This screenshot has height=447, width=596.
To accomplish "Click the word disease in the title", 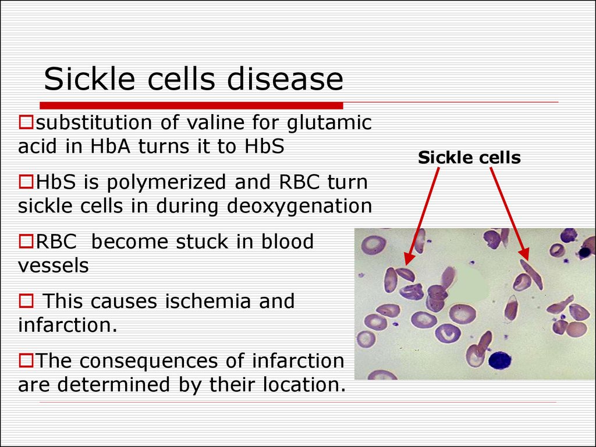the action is pyautogui.click(x=285, y=79).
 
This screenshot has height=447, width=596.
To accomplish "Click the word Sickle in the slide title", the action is pyautogui.click(x=90, y=79).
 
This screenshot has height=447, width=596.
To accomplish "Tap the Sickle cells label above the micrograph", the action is pyautogui.click(x=469, y=157).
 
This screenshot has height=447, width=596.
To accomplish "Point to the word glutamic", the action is pyautogui.click(x=329, y=123).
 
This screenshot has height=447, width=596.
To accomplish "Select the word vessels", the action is pyautogui.click(x=53, y=265).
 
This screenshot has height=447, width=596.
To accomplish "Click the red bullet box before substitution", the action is pyautogui.click(x=26, y=122).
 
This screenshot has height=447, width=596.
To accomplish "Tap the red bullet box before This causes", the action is pyautogui.click(x=26, y=301).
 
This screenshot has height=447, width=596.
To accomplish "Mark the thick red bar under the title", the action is pyautogui.click(x=191, y=106).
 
